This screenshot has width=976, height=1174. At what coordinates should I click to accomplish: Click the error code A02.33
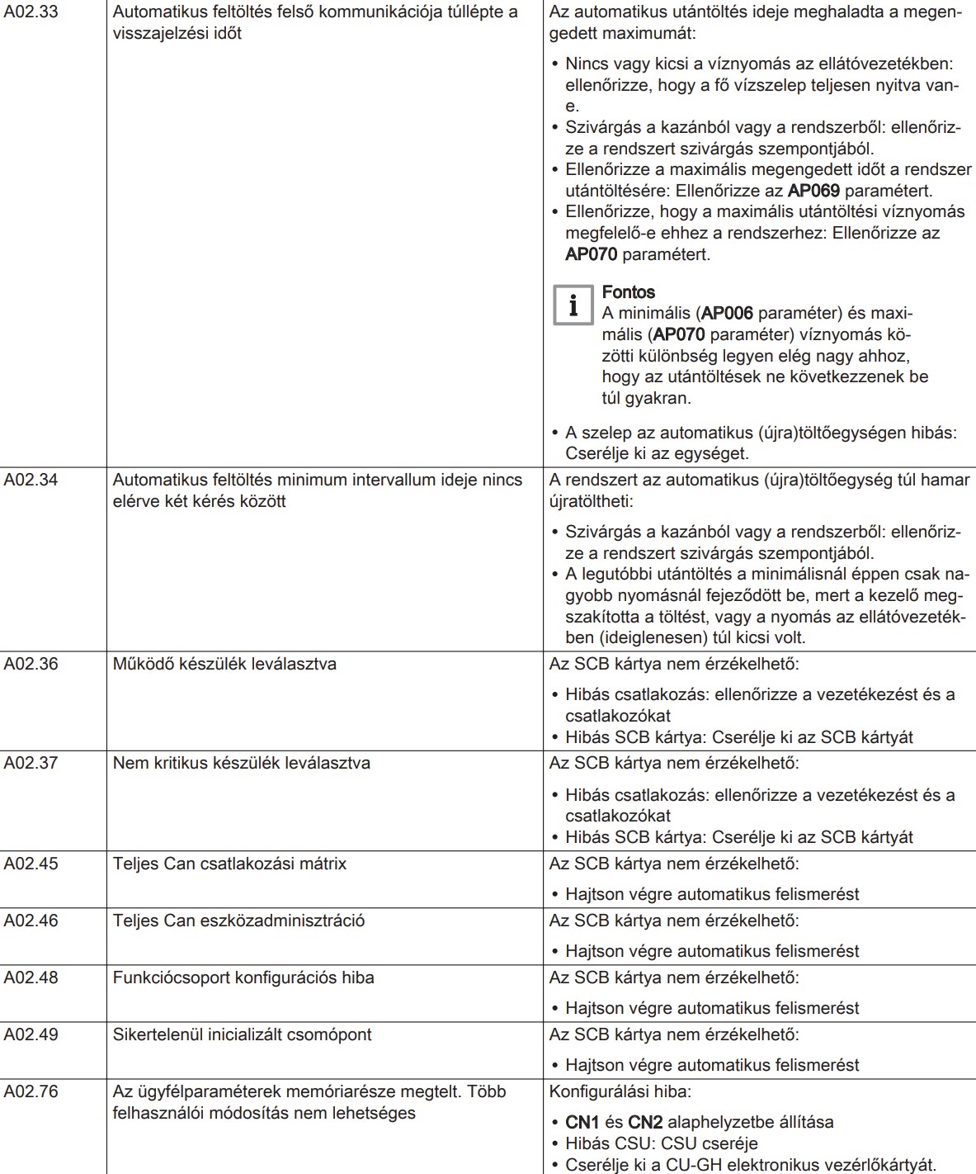(x=31, y=12)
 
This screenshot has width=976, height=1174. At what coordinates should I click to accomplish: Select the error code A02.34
(x=31, y=480)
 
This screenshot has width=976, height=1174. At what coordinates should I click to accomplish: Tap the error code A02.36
(x=31, y=664)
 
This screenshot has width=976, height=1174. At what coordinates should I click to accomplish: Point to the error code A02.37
(x=31, y=763)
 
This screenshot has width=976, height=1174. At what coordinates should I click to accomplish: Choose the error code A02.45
(x=31, y=864)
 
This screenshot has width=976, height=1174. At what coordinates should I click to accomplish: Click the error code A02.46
(x=31, y=921)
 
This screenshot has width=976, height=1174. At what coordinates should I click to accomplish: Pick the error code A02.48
(x=31, y=978)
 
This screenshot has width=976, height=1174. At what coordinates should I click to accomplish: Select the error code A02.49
(x=31, y=1034)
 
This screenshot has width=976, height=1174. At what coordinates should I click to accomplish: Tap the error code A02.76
(x=31, y=1091)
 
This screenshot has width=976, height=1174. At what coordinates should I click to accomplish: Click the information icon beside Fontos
(x=573, y=305)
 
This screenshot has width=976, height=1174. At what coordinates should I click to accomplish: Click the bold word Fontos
(x=628, y=292)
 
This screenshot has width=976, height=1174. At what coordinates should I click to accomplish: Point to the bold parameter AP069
(x=813, y=191)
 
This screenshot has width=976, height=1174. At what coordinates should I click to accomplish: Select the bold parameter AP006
(x=727, y=314)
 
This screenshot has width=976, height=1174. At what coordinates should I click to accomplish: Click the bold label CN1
(x=582, y=1122)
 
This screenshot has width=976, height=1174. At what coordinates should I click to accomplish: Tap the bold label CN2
(x=645, y=1122)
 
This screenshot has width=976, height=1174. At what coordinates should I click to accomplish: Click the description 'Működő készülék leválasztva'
(x=224, y=664)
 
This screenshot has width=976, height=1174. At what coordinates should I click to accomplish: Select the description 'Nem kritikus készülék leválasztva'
(x=241, y=763)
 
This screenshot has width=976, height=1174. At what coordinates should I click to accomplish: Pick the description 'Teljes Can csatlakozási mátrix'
(x=229, y=864)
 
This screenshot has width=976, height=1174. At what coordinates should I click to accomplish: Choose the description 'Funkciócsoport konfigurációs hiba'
(x=243, y=978)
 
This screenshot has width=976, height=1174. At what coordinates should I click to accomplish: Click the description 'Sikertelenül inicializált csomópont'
(x=242, y=1034)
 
